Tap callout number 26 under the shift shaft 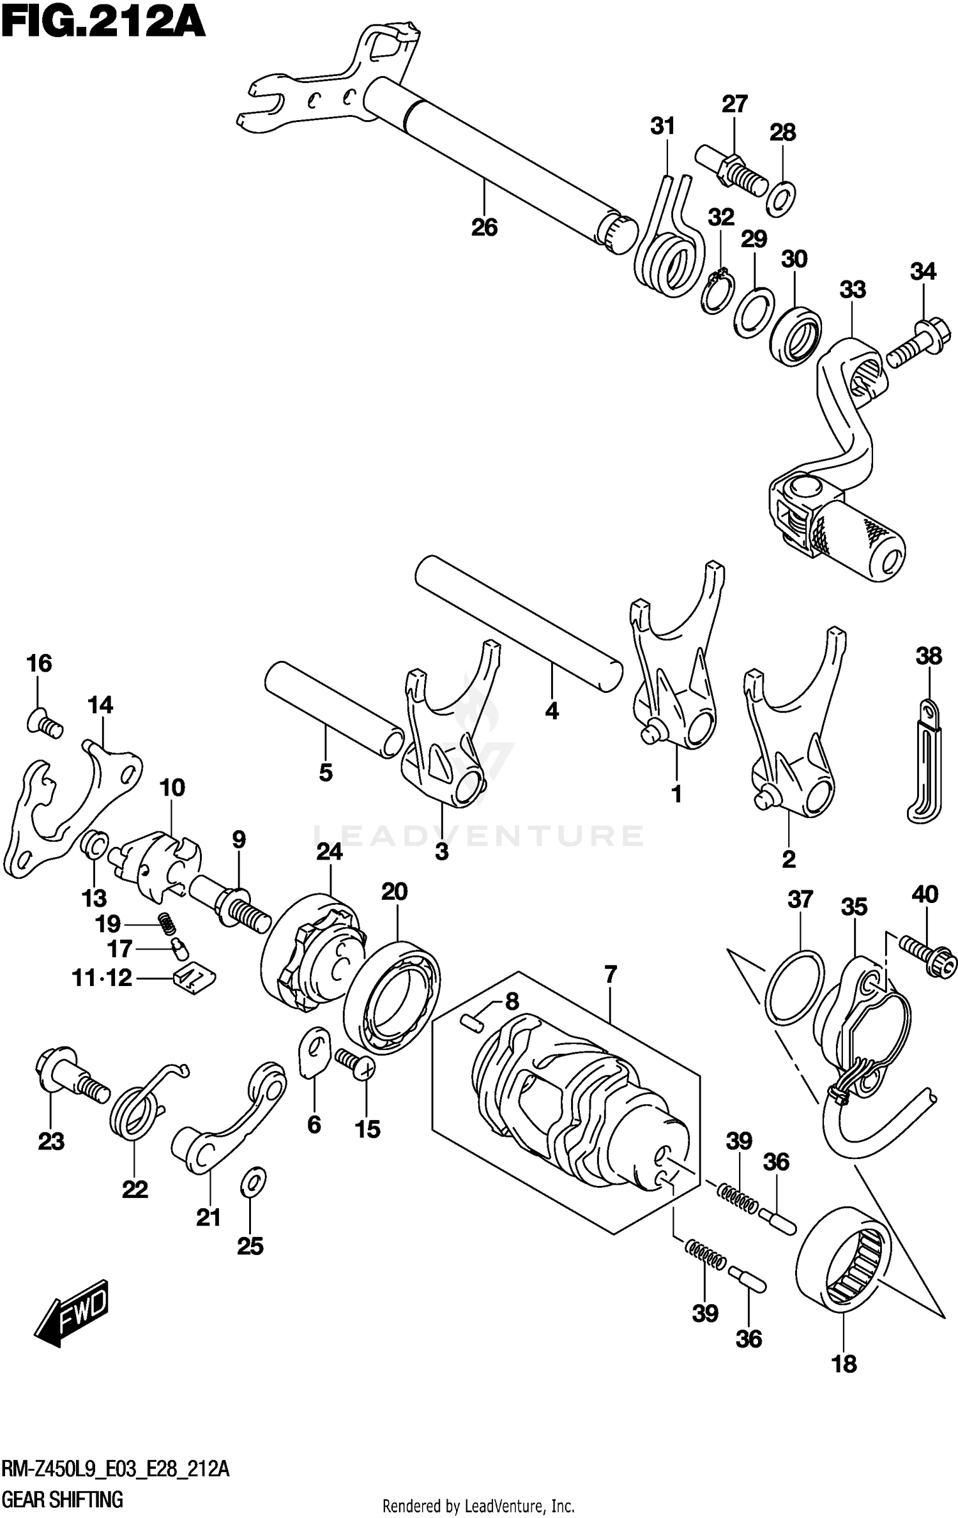(x=484, y=227)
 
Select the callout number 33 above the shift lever (x=852, y=289)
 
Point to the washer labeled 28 (x=780, y=198)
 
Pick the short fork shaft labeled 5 (x=332, y=709)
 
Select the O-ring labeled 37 (x=795, y=987)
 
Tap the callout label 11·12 (x=102, y=977)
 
